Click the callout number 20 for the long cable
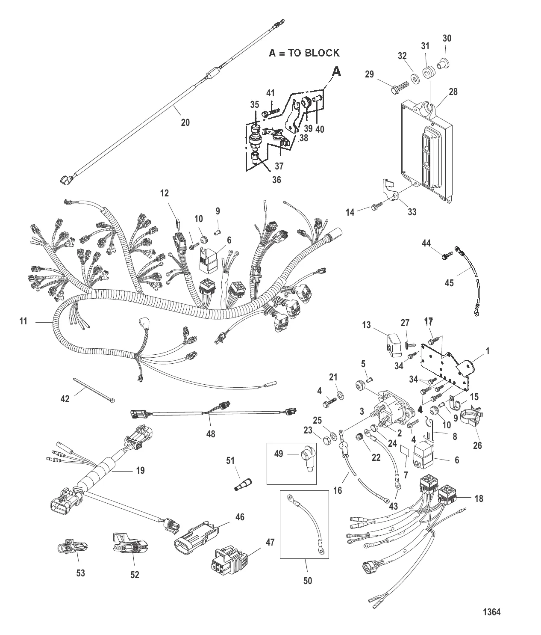[185, 122]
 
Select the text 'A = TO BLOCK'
[304, 53]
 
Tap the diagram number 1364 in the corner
[491, 612]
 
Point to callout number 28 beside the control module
[453, 92]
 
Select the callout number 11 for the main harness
[24, 320]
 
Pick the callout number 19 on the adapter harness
[140, 471]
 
